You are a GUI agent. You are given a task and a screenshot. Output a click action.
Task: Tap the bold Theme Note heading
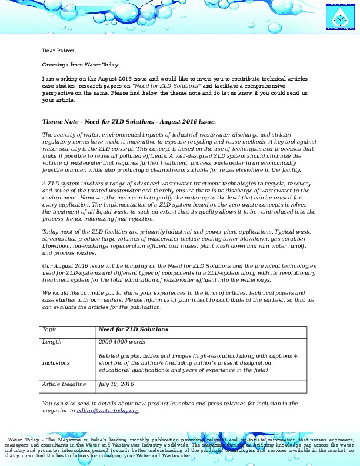(129, 121)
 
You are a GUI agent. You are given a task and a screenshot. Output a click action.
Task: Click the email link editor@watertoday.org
(108, 411)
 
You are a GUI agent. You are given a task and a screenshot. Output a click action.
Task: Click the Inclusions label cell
(56, 363)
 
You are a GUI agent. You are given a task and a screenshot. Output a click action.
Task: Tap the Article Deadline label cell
(64, 384)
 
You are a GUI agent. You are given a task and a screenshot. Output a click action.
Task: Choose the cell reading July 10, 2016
(116, 384)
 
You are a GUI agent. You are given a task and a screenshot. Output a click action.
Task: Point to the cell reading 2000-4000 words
(121, 342)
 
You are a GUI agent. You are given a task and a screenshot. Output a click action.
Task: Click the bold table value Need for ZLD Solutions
(134, 329)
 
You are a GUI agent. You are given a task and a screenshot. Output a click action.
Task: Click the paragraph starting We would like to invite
(174, 299)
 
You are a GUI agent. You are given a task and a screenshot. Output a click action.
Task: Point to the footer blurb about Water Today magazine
(179, 448)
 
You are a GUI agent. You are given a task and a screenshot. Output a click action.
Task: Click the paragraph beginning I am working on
(176, 89)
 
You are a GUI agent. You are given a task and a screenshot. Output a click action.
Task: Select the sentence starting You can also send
(169, 407)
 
